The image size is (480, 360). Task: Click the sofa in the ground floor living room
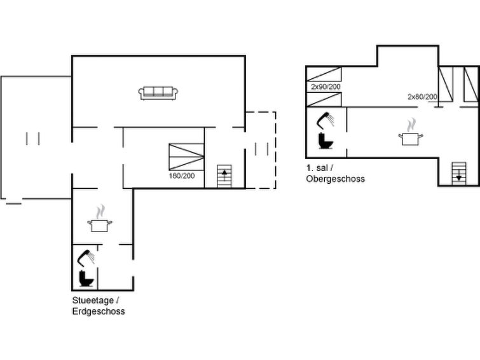point(158,93)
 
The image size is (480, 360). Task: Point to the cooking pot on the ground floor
point(100,225)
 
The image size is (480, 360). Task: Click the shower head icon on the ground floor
point(86,257)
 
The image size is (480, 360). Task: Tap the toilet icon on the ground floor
point(85,279)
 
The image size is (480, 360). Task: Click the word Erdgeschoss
point(99,312)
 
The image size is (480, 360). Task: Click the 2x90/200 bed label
point(326,87)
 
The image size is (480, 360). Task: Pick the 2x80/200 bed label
point(422,97)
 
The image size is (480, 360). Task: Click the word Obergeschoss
point(335,179)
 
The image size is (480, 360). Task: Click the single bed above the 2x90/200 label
point(325,73)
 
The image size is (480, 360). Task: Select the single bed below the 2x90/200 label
point(325,99)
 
